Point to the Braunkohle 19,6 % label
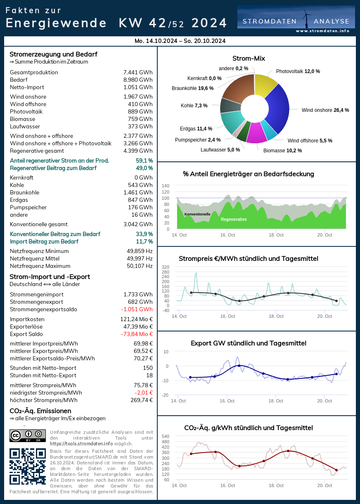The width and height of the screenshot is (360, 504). click(192, 88)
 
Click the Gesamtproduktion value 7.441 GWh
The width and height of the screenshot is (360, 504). click(138, 73)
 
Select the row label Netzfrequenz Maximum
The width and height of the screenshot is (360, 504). click(40, 266)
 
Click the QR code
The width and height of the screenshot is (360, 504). click(28, 466)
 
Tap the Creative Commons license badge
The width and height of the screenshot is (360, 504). click(28, 435)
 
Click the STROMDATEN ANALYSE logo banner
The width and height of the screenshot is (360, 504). click(296, 19)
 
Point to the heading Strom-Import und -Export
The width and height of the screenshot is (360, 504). click(50, 277)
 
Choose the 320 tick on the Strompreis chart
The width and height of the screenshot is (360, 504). click(166, 267)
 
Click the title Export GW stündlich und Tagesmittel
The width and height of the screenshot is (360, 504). click(249, 343)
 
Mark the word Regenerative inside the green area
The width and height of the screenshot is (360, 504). click(234, 220)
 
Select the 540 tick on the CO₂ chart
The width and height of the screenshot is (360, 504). click(165, 436)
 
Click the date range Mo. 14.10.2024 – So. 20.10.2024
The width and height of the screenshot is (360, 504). click(180, 41)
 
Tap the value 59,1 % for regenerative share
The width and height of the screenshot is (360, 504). click(144, 161)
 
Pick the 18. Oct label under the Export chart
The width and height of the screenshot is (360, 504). click(276, 401)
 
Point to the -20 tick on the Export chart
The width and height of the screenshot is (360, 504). click(166, 395)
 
